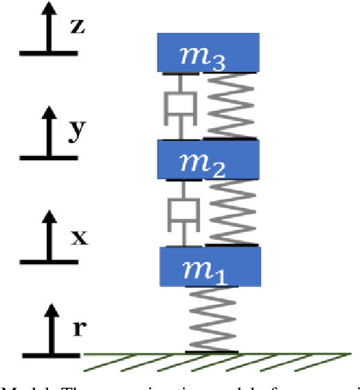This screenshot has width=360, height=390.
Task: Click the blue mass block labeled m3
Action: [208, 52]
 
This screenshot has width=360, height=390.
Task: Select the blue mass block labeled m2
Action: [208, 159]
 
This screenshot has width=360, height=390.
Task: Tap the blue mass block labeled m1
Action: [210, 266]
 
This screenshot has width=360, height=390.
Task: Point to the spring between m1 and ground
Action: [212, 319]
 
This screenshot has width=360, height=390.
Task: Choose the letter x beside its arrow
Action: [80, 238]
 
